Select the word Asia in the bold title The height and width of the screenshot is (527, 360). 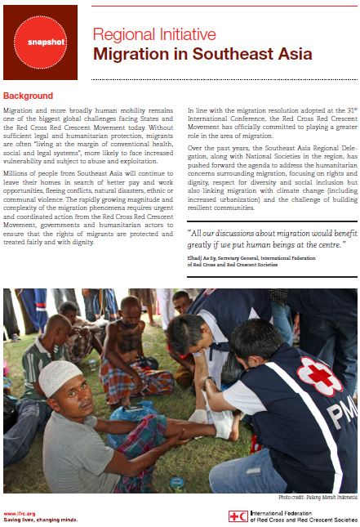click(x=291, y=55)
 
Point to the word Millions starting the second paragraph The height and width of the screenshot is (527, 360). click(x=19, y=172)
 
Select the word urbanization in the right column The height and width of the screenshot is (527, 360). click(x=233, y=198)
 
